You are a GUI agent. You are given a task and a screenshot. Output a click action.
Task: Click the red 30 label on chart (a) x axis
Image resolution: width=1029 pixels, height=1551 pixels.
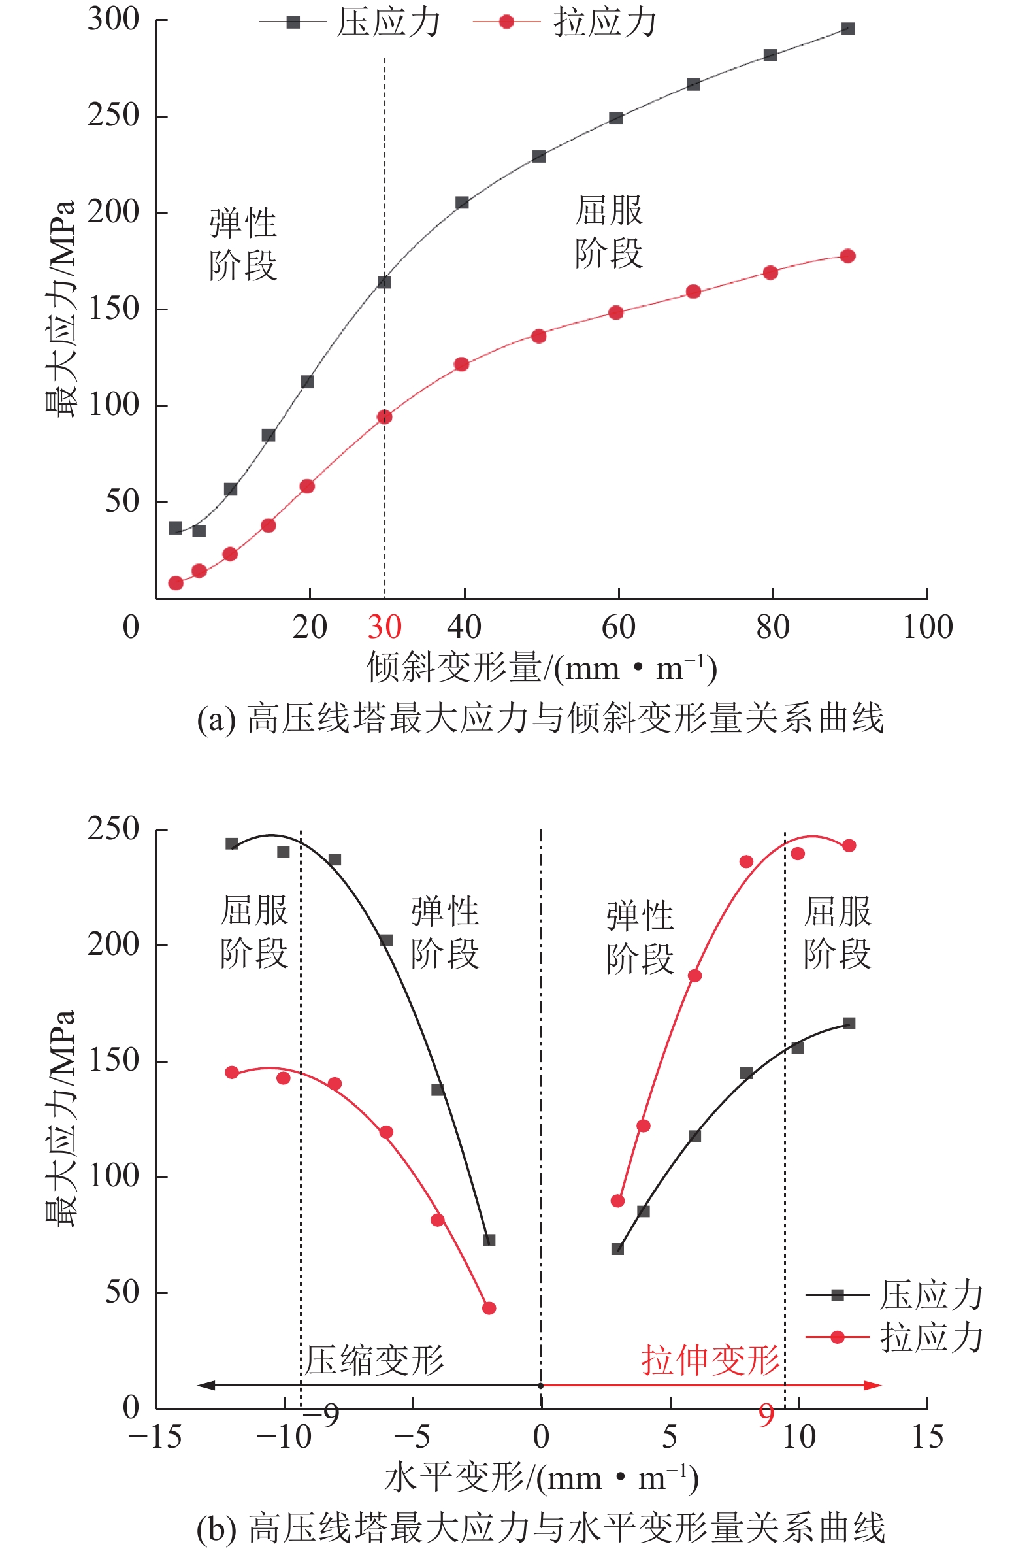385,627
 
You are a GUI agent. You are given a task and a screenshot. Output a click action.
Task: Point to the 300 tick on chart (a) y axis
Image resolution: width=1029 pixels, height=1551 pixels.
114,19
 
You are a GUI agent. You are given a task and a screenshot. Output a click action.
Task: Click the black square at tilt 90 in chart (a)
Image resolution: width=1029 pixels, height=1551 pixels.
848,29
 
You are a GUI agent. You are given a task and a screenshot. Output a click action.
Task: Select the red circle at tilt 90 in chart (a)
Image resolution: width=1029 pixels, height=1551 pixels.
848,256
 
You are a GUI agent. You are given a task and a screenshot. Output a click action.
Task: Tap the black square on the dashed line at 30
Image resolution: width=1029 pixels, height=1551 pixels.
385,282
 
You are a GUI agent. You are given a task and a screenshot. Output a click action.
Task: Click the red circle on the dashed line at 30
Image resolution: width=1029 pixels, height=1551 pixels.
385,417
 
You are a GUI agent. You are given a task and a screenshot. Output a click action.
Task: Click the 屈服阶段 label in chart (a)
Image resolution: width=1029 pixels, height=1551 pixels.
608,231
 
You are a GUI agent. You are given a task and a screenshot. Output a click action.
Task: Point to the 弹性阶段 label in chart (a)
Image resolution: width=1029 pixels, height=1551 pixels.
243,244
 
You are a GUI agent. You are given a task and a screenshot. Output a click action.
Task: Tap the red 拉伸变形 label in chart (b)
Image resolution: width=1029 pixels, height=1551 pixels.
710,1360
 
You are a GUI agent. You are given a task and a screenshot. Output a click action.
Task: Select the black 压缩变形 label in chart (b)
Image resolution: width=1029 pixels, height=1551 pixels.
375,1360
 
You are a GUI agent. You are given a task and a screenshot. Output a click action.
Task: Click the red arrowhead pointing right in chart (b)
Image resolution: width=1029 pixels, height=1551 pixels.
874,1386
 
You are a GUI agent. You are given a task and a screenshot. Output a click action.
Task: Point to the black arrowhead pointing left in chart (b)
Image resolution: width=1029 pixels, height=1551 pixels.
205,1386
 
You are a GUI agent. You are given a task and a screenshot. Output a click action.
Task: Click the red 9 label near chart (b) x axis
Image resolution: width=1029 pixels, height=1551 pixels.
766,1414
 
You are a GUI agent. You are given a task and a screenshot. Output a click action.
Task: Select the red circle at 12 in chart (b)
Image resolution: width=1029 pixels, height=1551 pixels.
849,845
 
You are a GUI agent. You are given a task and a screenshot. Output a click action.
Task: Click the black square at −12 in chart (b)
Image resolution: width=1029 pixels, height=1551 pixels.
232,844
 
